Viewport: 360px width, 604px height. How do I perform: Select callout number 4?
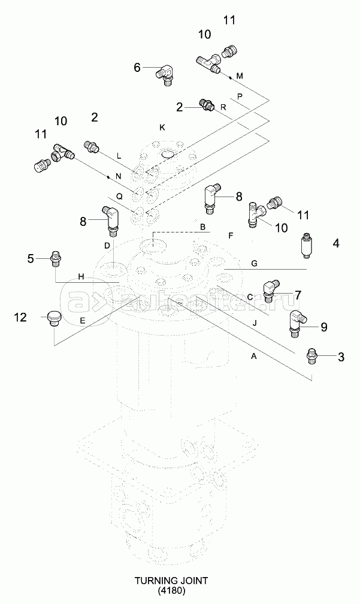click(335, 243)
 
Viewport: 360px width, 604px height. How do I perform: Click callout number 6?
click(137, 68)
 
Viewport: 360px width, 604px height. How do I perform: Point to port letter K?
click(162, 126)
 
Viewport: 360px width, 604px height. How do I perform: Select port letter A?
click(253, 356)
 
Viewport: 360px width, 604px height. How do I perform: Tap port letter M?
click(240, 75)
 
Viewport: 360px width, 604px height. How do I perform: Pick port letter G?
click(254, 263)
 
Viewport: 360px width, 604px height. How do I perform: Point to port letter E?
click(83, 320)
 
